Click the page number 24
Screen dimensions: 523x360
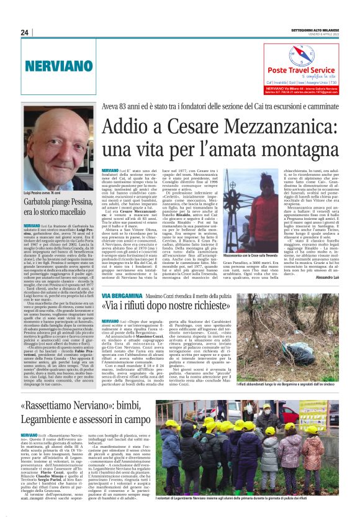tap(25, 33)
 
